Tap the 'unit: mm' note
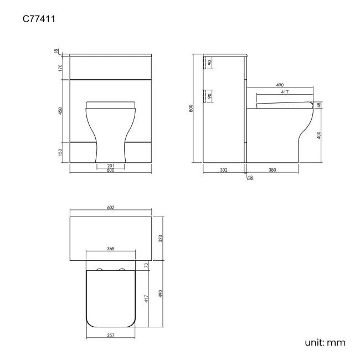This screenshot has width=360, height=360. [325, 343]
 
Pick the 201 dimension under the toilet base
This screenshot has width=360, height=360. [110, 166]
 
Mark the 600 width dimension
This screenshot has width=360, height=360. [110, 171]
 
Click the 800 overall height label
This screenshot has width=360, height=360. [192, 109]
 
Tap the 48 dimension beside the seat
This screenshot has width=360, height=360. [320, 105]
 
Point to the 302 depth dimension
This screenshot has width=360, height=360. [224, 170]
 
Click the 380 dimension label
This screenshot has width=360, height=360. [272, 170]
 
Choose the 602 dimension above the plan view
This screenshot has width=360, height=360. [110, 208]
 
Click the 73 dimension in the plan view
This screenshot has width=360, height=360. [146, 266]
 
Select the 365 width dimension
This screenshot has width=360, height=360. [110, 250]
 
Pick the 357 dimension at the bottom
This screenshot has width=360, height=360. [110, 335]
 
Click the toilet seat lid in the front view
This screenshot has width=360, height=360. [111, 104]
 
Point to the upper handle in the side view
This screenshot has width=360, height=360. [205, 63]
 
